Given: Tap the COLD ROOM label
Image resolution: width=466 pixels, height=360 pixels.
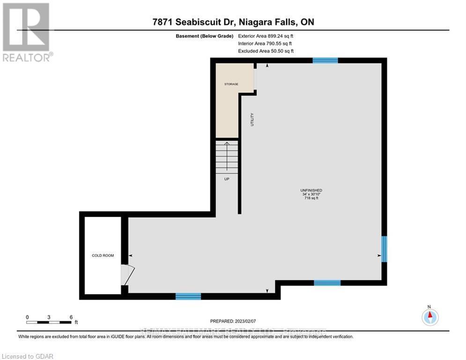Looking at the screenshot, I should click(x=103, y=255).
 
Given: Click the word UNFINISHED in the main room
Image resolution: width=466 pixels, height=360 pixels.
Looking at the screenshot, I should click(x=311, y=190).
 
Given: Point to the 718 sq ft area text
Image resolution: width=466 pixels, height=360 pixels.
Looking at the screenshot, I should click(x=311, y=198).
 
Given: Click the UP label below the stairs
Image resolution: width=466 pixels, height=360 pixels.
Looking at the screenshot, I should click(x=227, y=179).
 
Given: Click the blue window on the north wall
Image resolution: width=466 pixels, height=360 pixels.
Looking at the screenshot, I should click(x=325, y=60).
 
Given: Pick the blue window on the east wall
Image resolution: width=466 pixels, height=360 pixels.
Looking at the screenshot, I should click(x=384, y=249).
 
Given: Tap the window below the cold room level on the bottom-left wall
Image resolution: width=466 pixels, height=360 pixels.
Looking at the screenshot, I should click(x=188, y=296).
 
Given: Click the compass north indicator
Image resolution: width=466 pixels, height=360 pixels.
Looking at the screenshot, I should click(x=429, y=316).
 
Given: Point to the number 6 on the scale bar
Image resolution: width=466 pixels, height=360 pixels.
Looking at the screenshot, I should click(x=71, y=317).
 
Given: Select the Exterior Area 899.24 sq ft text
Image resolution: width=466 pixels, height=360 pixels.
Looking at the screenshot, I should click(x=266, y=36).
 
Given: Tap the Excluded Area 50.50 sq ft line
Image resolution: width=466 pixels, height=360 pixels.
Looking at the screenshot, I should click(x=266, y=51).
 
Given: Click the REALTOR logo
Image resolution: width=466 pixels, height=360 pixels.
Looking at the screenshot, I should click(x=26, y=32).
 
